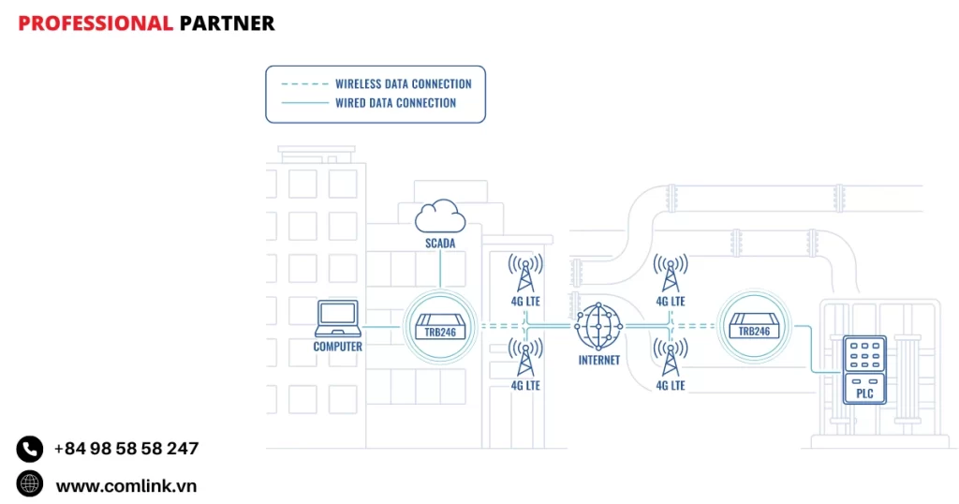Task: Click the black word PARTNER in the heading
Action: coord(227,23)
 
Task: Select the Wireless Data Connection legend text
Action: coord(403,83)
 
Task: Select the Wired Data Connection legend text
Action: coord(395,103)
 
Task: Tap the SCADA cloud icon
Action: coord(440,217)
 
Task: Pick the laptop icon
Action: coord(337,319)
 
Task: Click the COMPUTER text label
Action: coord(337,347)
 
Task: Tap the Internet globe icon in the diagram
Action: coord(598,326)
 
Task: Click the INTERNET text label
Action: coord(598,360)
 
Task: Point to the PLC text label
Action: coord(864,393)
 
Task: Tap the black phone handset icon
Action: coord(30,449)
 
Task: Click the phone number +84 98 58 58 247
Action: coord(125,449)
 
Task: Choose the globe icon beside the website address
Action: coord(30,483)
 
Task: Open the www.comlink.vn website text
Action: coord(125,486)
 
